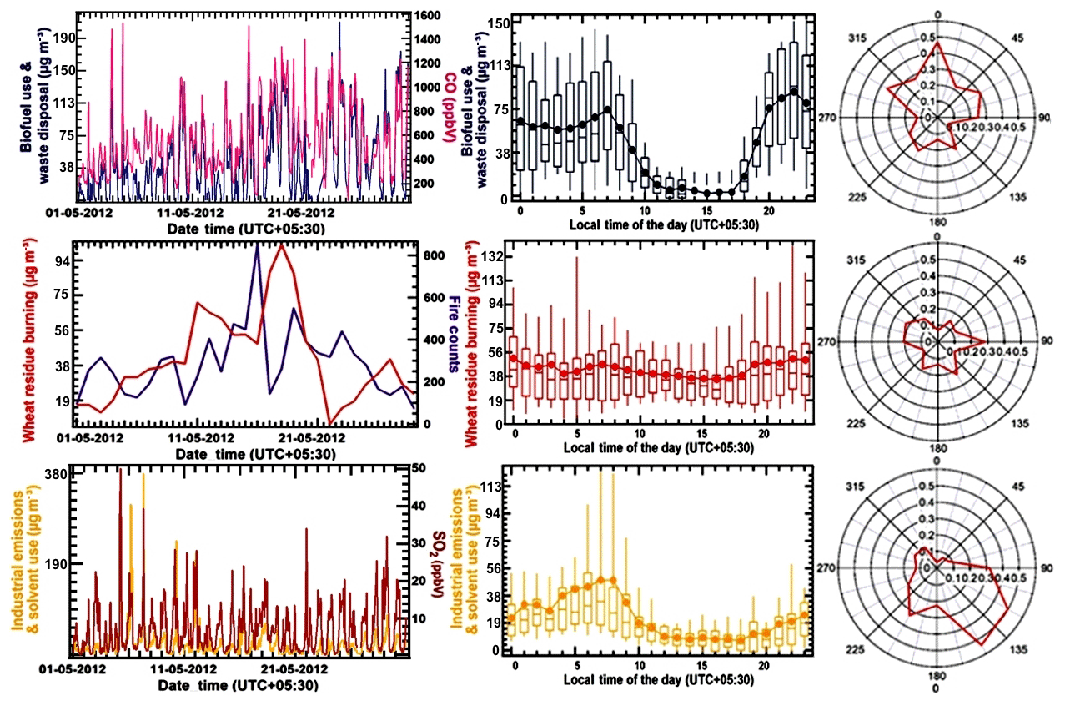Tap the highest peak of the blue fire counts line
[258, 245]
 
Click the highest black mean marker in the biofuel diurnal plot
[793, 91]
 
